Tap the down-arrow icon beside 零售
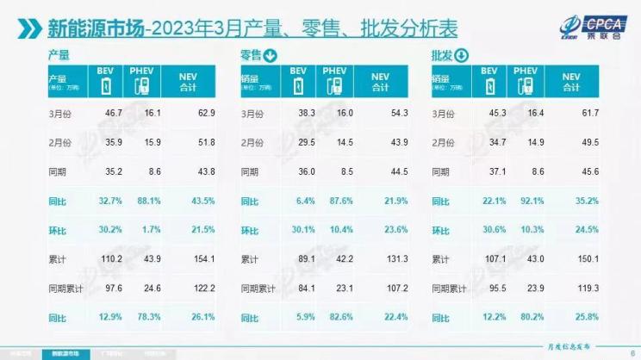[270, 58]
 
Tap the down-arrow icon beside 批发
[460, 57]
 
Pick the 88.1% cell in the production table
[142, 201]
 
